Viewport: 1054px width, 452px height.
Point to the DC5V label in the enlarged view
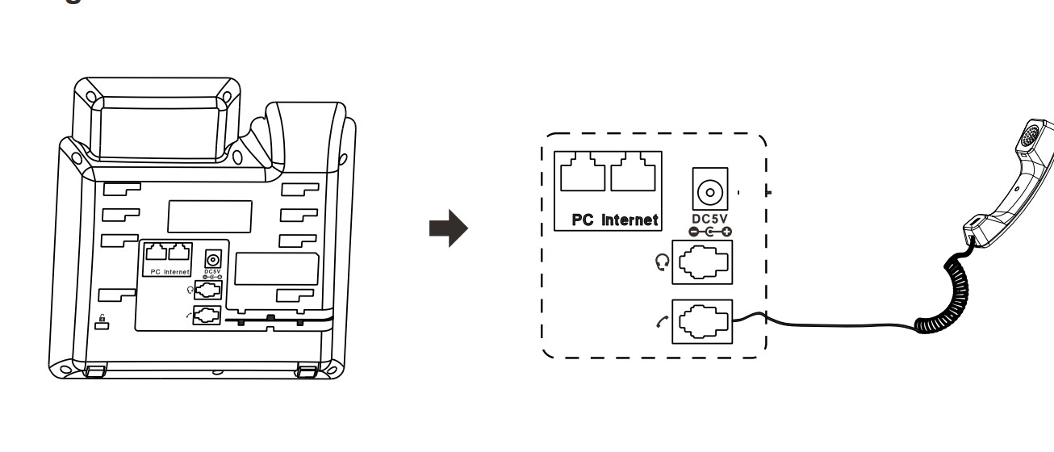coord(710,217)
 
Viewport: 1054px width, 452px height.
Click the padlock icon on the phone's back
coord(102,323)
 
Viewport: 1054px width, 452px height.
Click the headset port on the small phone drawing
coord(207,289)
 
